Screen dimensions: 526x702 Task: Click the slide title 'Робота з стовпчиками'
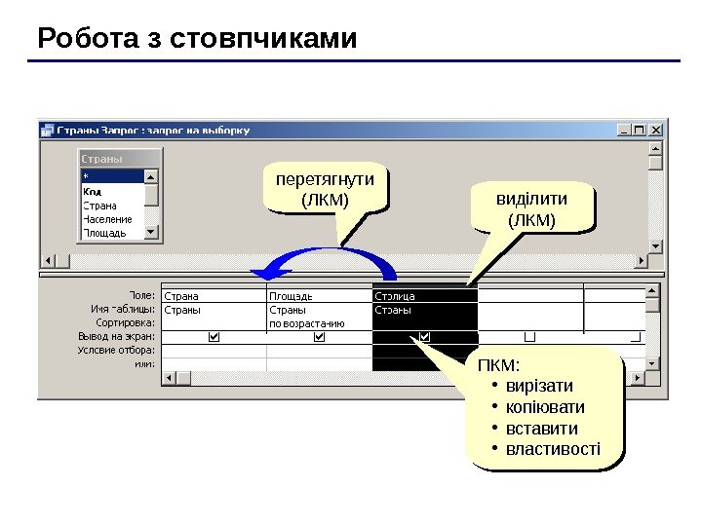[x=197, y=39]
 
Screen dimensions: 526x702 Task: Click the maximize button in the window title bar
[x=641, y=128]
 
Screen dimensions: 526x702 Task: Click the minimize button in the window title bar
[x=625, y=128]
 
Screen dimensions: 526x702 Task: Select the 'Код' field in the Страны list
[x=93, y=192]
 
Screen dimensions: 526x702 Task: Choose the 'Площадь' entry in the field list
[x=103, y=233]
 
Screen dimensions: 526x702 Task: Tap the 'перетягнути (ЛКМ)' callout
[x=325, y=190]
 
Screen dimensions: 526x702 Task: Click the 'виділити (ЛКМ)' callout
[x=531, y=209]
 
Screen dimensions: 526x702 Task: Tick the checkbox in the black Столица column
[x=424, y=336]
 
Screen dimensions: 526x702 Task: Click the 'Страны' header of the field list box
[x=101, y=159]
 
